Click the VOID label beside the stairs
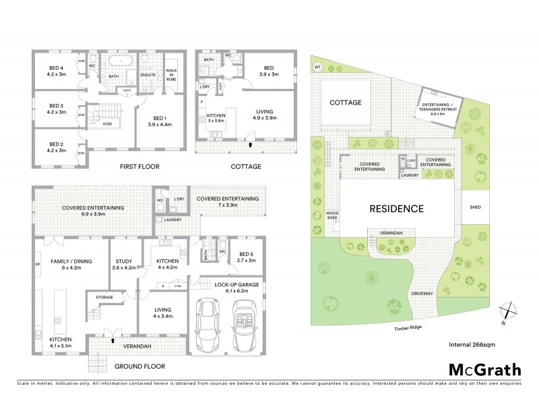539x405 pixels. pyautogui.click(x=108, y=123)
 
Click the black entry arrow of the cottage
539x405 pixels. pyautogui.click(x=251, y=144)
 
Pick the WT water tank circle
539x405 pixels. pyautogui.click(x=318, y=67)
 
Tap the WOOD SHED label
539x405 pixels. pyautogui.click(x=332, y=215)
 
